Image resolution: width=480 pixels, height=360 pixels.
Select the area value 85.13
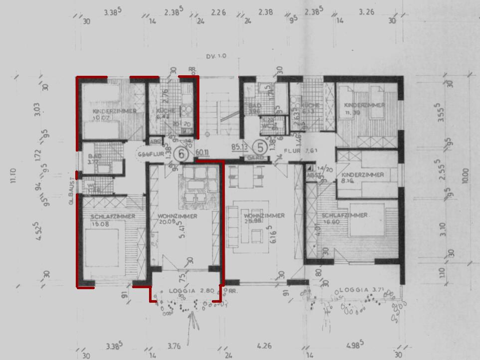point(240,147)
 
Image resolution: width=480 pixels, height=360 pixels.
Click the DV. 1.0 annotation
point(215,56)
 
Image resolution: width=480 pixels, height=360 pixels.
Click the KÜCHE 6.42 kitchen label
point(163,113)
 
